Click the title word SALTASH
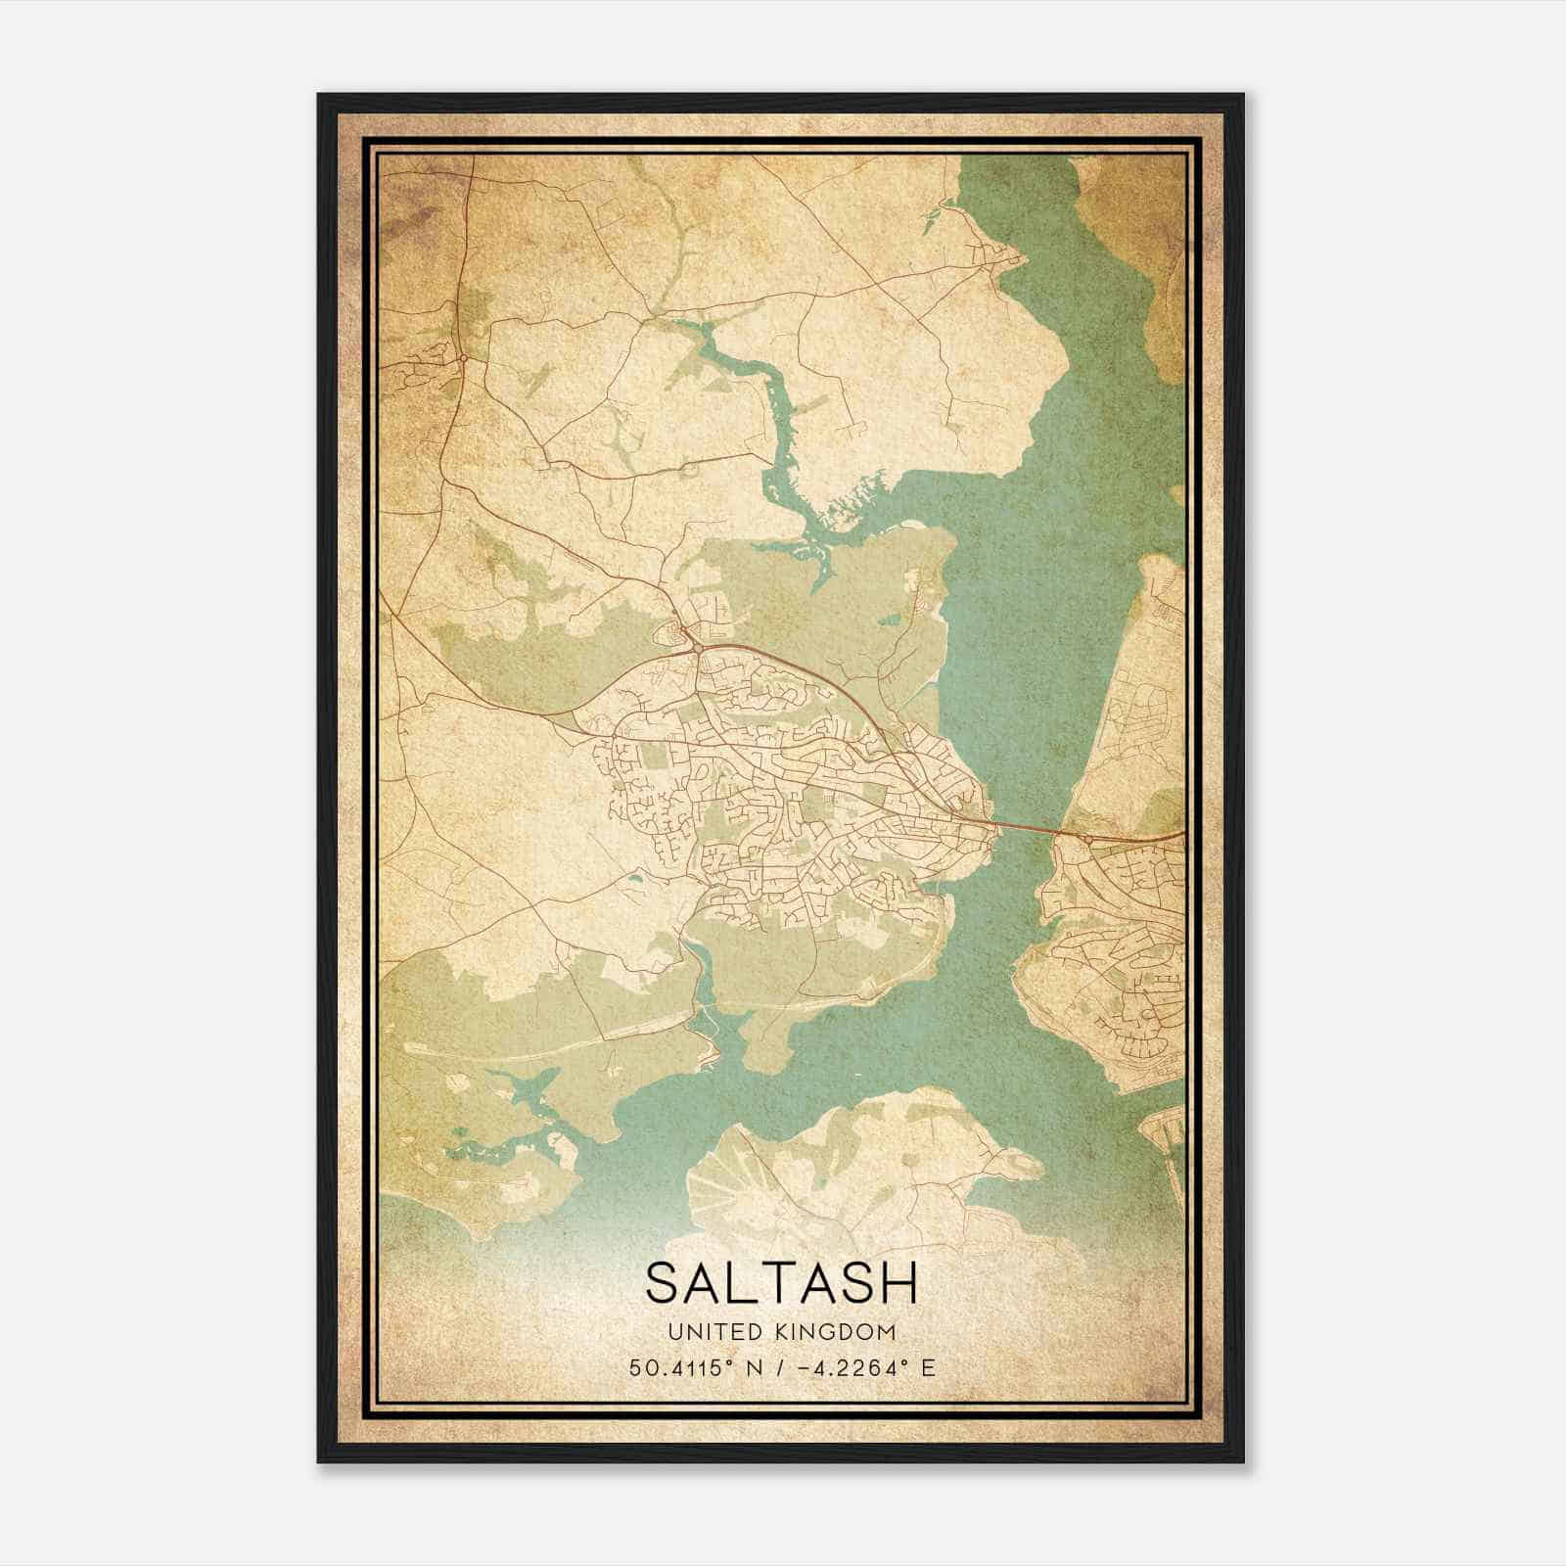coord(782,1282)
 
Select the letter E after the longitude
coord(928,1367)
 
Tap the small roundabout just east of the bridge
coord(1088,839)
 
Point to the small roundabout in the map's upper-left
coord(462,357)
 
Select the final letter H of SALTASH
coord(900,1282)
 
